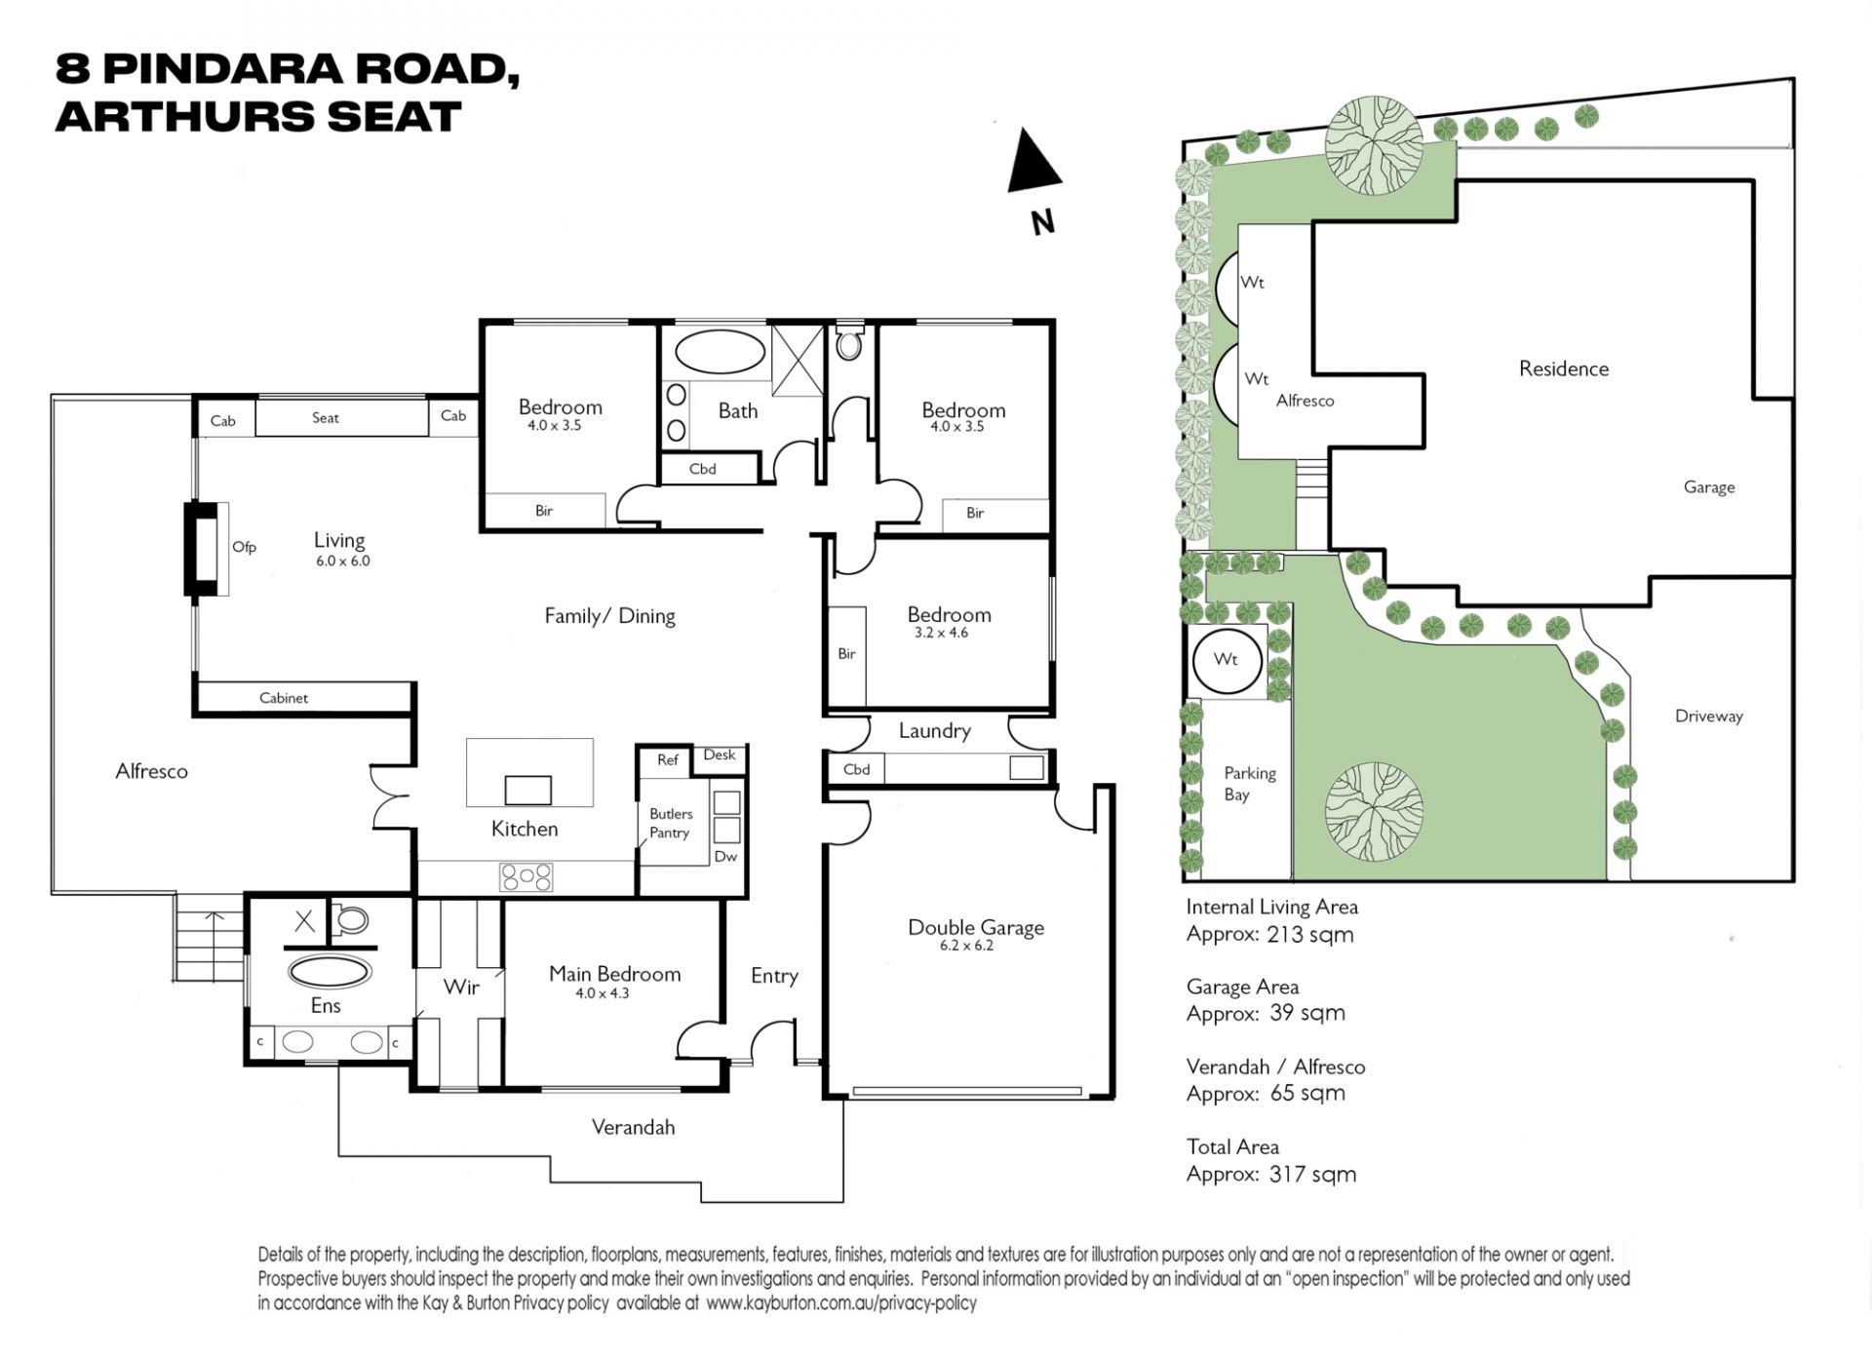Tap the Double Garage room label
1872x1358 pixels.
click(976, 927)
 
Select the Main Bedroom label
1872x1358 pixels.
click(614, 973)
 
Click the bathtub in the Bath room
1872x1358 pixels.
click(721, 352)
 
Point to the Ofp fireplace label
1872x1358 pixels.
click(244, 547)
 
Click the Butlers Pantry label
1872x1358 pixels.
click(671, 823)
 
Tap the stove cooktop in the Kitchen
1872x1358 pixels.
click(526, 876)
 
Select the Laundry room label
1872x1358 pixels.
click(934, 731)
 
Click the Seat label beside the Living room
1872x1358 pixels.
click(325, 417)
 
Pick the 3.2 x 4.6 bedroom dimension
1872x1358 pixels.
click(941, 633)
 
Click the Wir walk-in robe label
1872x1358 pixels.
click(461, 987)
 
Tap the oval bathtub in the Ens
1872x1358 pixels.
click(330, 972)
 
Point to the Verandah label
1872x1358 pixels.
click(633, 1127)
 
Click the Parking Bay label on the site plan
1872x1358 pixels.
click(1250, 783)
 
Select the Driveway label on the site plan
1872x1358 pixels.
click(1708, 717)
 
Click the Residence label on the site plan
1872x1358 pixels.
click(1564, 369)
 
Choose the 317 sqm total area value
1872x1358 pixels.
click(1312, 1174)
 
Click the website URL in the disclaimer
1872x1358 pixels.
click(841, 1302)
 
